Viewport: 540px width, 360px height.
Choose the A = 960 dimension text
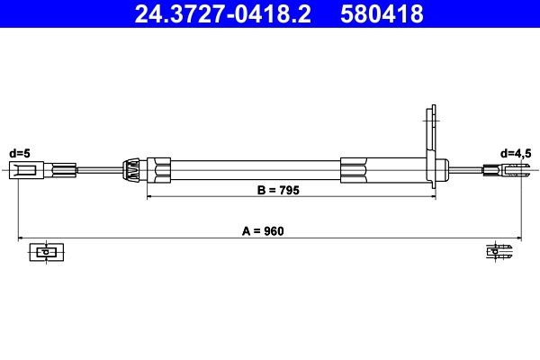(x=269, y=231)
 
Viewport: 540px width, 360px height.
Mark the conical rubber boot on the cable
(x=131, y=169)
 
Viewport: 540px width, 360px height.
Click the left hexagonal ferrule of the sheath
(x=159, y=169)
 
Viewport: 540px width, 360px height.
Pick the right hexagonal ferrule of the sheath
(x=355, y=169)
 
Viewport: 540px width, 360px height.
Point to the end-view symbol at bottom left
(x=44, y=251)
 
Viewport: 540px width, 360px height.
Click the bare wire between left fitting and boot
(x=99, y=169)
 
